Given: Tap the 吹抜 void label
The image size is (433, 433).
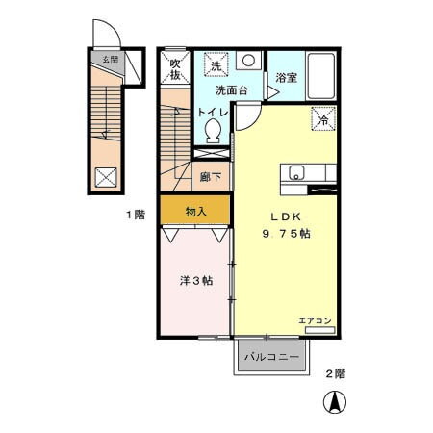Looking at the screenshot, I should tap(175, 69).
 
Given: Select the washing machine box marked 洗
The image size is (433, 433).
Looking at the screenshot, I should tap(216, 67).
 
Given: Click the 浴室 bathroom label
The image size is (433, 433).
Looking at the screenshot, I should tap(286, 77).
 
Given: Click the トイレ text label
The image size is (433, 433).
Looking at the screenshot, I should tap(213, 113).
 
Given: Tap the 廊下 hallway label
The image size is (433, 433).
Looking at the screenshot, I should tap(211, 177).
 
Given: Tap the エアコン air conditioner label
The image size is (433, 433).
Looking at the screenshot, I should tap(315, 320).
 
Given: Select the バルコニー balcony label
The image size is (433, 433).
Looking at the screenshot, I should tap(271, 357).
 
